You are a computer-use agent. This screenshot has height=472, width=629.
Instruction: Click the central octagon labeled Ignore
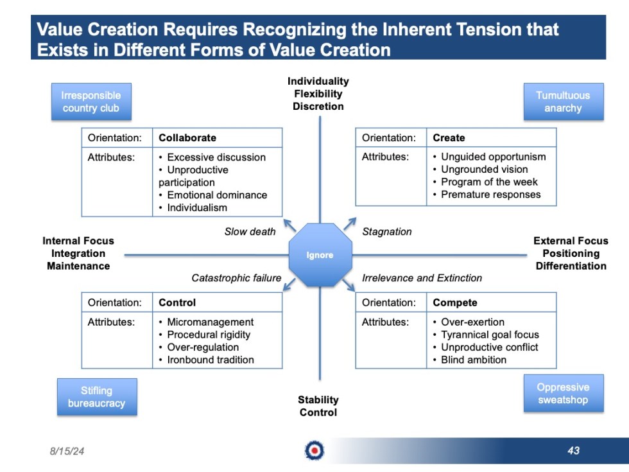320,255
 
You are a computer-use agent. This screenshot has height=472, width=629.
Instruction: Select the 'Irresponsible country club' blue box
91,101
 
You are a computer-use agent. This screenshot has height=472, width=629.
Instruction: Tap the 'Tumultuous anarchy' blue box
563,101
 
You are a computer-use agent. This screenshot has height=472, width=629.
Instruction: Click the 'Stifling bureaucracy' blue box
96,397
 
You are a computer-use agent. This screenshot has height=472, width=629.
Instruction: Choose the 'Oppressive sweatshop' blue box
563,393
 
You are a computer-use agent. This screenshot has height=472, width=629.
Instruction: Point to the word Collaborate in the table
187,137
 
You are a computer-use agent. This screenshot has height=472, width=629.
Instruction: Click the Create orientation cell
449,137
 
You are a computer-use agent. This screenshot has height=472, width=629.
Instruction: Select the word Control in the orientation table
177,302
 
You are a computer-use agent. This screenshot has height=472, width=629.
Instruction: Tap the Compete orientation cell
455,302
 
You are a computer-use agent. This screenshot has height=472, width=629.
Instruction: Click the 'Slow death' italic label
250,232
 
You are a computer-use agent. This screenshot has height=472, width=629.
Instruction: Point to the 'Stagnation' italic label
387,232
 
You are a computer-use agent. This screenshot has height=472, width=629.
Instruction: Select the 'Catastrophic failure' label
236,278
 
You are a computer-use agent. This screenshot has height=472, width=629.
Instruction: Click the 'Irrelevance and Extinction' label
422,278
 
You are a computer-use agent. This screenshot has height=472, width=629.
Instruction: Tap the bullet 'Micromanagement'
210,322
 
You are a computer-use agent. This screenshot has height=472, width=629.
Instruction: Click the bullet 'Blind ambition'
474,360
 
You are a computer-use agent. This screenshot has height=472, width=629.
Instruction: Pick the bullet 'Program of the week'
489,182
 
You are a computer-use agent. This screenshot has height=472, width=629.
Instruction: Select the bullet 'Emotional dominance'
217,195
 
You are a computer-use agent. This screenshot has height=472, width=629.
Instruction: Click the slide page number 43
573,451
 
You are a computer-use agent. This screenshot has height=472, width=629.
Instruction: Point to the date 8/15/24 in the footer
67,451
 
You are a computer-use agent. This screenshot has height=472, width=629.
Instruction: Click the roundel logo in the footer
314,451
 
